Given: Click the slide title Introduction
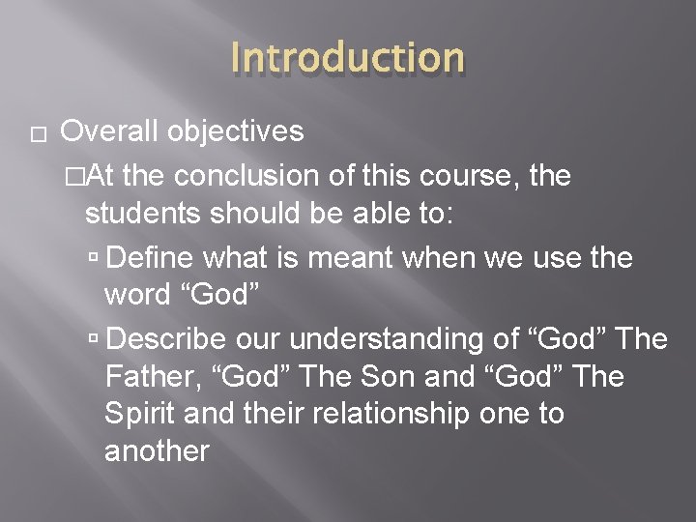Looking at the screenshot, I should [348, 57].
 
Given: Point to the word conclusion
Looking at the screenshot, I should [246, 176].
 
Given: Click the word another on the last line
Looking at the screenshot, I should [157, 449].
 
